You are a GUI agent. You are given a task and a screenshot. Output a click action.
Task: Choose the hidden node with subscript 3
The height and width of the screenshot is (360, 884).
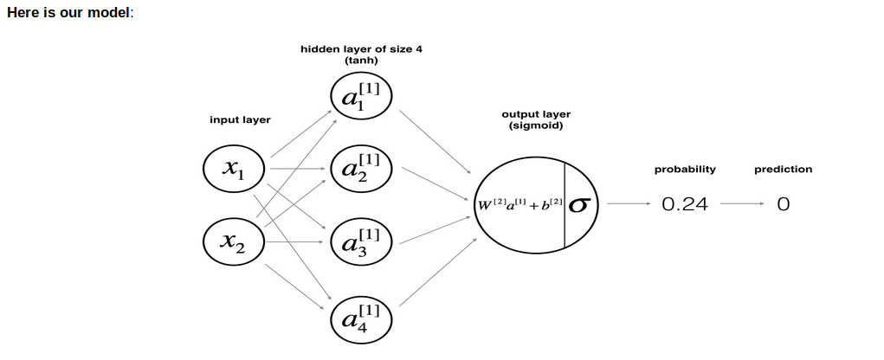point(361,241)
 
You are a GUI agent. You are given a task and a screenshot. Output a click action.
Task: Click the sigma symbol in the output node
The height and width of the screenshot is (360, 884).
point(581,205)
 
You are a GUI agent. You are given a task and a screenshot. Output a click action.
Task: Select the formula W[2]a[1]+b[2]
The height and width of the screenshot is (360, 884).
point(520,205)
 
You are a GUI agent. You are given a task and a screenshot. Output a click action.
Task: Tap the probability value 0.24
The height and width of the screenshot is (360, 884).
point(684,205)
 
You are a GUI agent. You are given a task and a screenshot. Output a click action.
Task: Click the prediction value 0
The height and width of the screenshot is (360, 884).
point(783,205)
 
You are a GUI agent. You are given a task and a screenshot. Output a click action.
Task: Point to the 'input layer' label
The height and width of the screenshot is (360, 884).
point(240,120)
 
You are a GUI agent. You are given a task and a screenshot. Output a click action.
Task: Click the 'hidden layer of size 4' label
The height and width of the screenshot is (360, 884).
point(361,49)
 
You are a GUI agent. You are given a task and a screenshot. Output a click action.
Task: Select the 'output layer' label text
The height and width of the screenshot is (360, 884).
point(536,114)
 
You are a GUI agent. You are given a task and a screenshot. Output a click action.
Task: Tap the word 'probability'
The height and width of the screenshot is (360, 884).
point(685,170)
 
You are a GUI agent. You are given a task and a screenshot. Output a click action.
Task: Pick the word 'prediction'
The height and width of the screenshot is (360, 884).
point(783,170)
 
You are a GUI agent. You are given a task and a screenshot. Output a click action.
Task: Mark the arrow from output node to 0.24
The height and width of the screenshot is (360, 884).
point(628,205)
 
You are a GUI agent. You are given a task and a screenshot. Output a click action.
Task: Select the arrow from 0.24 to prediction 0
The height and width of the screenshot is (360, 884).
point(741,205)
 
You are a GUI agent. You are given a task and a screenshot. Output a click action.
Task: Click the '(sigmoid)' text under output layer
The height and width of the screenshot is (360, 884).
point(536,126)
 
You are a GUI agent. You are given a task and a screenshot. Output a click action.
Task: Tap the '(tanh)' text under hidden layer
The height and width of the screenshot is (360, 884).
point(361,61)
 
